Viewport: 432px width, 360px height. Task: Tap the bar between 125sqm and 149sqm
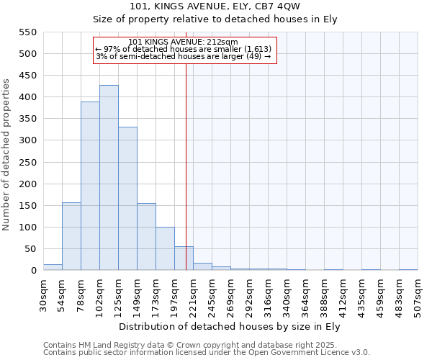pos(127,199)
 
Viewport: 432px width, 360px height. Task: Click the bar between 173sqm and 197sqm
pos(165,248)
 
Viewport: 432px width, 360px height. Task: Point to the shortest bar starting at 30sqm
pos(53,267)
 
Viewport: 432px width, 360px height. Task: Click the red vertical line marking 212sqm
pos(186,166)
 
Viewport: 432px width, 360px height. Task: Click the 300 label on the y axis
pos(27,140)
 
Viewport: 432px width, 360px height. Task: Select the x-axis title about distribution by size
pos(230,326)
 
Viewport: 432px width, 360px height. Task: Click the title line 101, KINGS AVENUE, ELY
pos(230,6)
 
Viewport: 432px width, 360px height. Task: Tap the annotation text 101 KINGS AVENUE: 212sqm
pos(186,42)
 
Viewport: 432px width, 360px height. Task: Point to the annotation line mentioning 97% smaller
pos(183,49)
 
